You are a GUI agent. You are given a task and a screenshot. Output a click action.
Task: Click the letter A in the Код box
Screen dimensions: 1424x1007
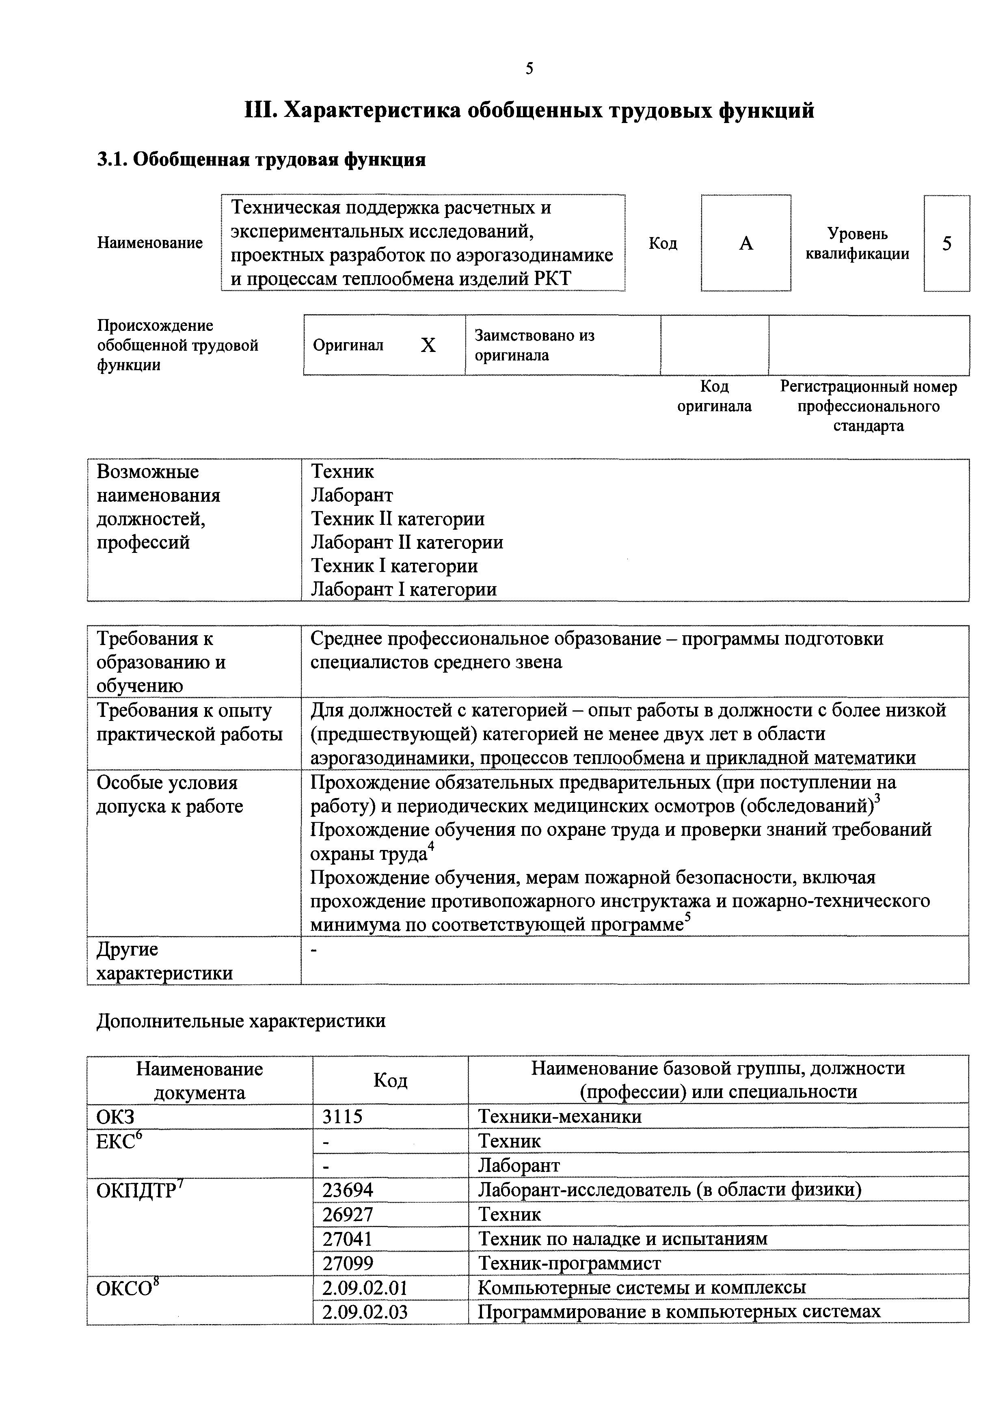[x=746, y=243]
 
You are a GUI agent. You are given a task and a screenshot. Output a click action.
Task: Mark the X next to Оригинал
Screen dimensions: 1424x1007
[x=428, y=345]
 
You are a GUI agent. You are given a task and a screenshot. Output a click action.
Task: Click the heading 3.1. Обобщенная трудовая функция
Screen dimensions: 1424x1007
[x=261, y=160]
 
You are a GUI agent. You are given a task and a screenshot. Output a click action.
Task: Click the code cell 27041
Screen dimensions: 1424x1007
[x=348, y=1238]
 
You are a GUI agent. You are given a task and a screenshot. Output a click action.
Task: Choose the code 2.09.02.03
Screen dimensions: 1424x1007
[x=365, y=1312]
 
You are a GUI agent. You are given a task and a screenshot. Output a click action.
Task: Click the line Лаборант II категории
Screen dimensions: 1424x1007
[x=406, y=543]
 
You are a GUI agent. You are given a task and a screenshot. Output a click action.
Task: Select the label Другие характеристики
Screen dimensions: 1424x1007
[x=164, y=961]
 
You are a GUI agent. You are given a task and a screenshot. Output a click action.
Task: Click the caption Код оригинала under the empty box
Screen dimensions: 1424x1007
[x=714, y=396]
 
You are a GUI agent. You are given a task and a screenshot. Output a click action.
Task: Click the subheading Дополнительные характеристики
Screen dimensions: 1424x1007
[x=241, y=1021]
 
